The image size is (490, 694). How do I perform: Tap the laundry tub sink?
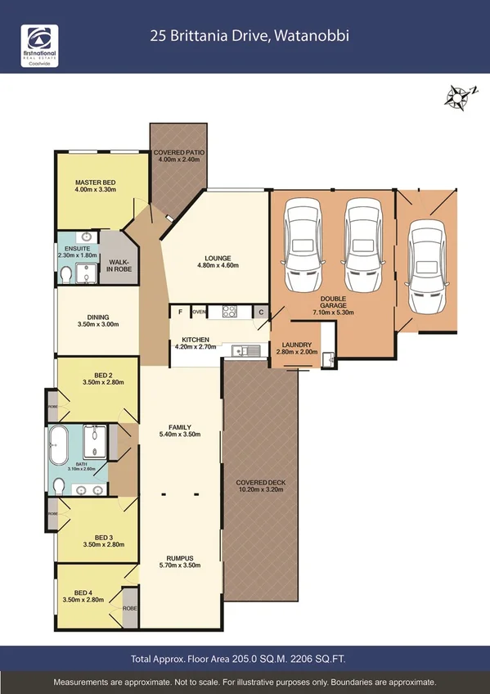pos(328,357)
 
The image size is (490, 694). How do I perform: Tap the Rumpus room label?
pos(180,561)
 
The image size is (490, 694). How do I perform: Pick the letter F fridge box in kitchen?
pos(179,312)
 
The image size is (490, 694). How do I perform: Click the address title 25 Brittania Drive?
pos(244,35)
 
